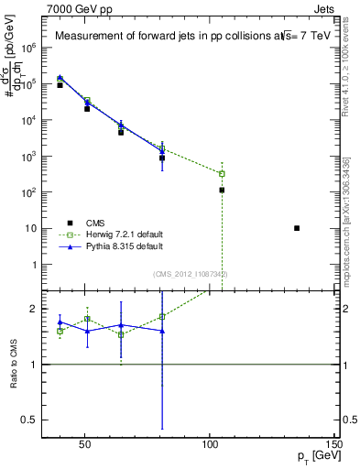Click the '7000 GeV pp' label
(x=79, y=8)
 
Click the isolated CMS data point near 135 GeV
(x=297, y=228)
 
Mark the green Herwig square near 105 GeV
(x=222, y=173)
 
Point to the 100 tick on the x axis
(x=210, y=446)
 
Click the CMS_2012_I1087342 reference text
(x=191, y=274)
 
